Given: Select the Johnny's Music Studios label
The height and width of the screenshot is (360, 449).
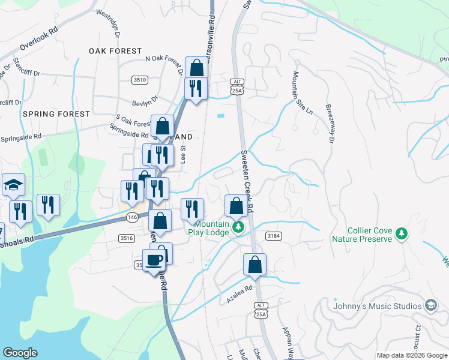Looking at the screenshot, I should (x=378, y=306).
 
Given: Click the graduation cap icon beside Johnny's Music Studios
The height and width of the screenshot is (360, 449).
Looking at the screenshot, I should (x=430, y=305).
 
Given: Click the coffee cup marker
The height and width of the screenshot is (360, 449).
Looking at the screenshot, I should (x=154, y=260).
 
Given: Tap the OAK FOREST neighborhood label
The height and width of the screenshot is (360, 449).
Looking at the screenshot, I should (x=115, y=51).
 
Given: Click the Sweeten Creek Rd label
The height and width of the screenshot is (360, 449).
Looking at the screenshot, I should (x=247, y=181).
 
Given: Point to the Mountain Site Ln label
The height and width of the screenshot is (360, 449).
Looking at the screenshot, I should (x=302, y=92).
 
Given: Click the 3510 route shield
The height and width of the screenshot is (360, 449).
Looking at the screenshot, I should (x=140, y=80).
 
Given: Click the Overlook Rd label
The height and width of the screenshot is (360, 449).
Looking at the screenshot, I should (x=38, y=37).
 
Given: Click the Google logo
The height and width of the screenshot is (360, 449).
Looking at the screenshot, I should (x=20, y=353).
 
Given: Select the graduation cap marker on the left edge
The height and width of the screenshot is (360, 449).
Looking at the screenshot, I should (x=13, y=185).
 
